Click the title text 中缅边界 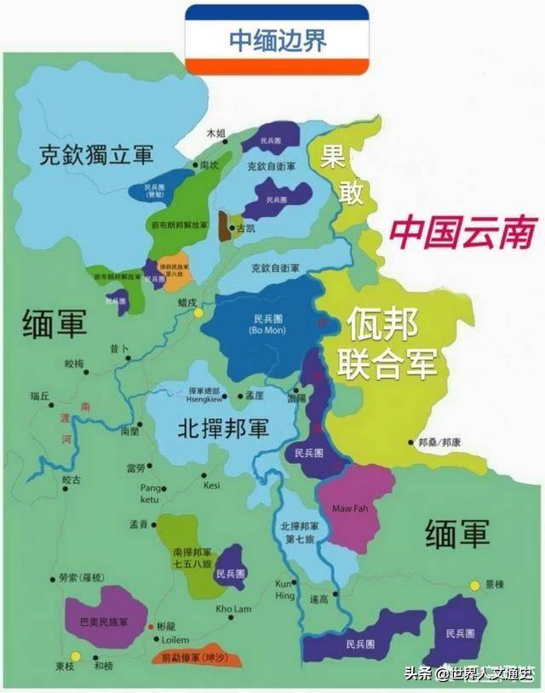[277, 40]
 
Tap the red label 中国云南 [463, 232]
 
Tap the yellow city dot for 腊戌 [198, 313]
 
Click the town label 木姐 [216, 134]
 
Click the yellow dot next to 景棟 [475, 585]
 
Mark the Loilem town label [174, 639]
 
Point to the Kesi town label [212, 484]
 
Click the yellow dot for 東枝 [76, 656]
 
